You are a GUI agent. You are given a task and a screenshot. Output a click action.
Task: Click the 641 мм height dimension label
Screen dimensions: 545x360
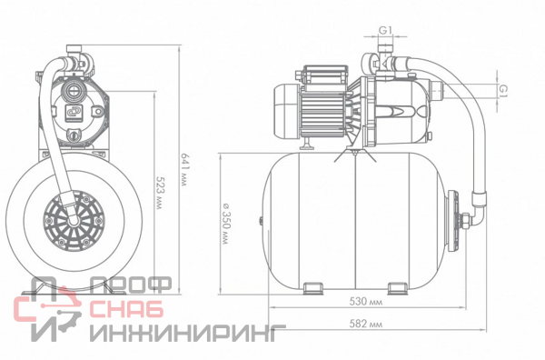point(185,170)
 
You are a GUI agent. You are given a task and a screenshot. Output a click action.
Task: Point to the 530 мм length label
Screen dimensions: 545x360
point(366,301)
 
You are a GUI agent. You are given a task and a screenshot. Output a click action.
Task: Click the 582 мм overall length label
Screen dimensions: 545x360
point(366,325)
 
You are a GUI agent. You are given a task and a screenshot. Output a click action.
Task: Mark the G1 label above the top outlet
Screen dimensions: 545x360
point(385,31)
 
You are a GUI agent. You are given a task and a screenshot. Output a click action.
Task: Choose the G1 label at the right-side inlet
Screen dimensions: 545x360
point(503,90)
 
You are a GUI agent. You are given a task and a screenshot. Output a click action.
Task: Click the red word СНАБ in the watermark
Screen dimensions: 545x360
point(126,308)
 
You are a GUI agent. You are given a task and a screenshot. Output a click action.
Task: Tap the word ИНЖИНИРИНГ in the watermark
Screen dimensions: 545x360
point(188,333)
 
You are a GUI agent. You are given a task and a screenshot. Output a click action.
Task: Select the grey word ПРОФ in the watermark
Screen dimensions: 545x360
point(131,285)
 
